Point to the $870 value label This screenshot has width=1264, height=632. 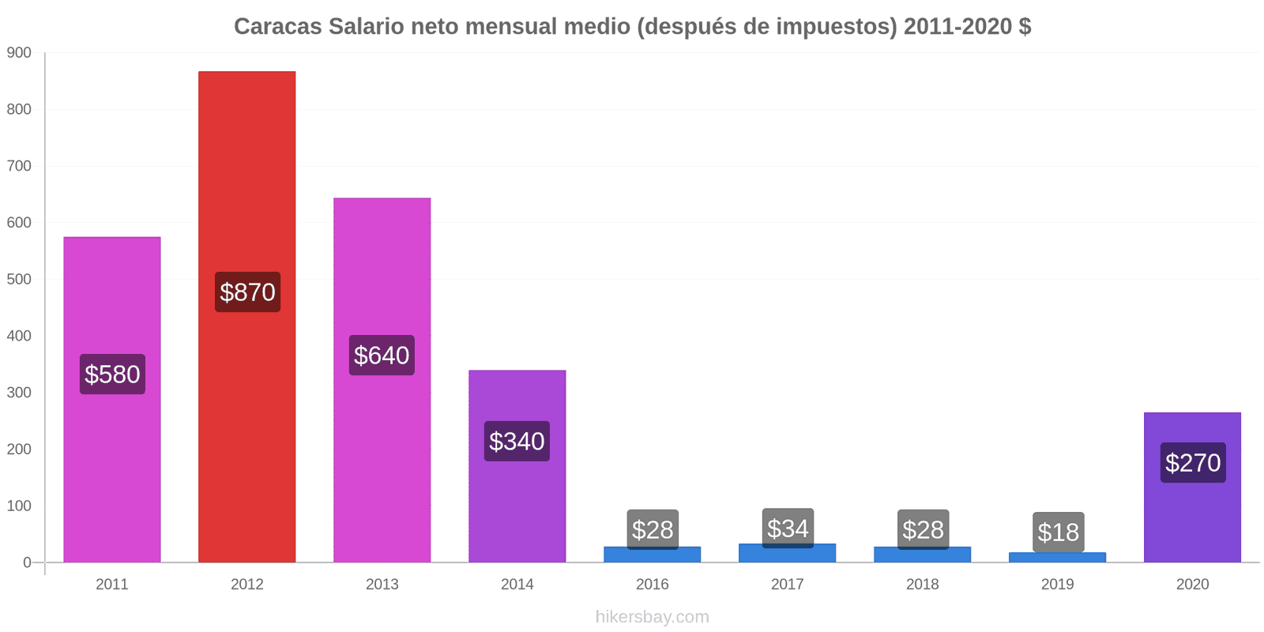(247, 292)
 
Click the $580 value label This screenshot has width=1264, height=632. (112, 374)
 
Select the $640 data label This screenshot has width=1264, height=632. (382, 355)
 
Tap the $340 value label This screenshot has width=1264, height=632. (517, 442)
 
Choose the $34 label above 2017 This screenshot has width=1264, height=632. (788, 528)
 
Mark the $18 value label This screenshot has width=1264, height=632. (1058, 532)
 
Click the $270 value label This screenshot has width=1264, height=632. (1193, 463)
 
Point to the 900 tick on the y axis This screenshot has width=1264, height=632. (19, 53)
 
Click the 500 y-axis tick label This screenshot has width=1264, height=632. (19, 280)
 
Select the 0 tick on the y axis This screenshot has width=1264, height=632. (27, 562)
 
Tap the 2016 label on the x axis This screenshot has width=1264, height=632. (652, 585)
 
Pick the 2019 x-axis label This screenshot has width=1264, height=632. (1057, 585)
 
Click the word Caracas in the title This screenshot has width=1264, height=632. (277, 27)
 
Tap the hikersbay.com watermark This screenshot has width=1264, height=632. (652, 617)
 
